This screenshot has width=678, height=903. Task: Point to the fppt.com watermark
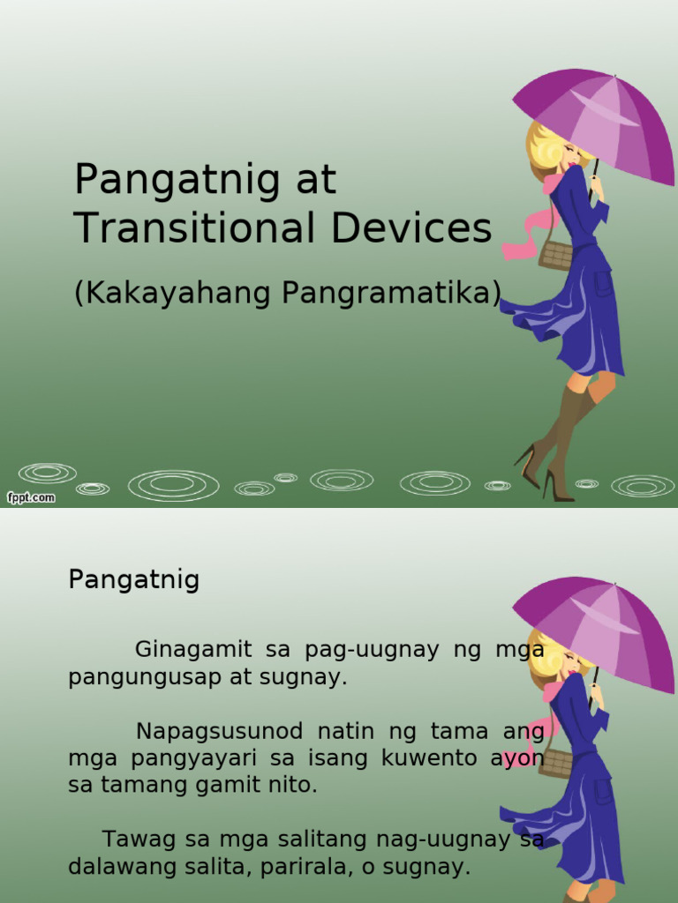click(x=31, y=497)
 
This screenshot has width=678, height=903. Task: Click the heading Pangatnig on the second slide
click(x=134, y=580)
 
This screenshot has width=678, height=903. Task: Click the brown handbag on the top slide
click(x=555, y=255)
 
